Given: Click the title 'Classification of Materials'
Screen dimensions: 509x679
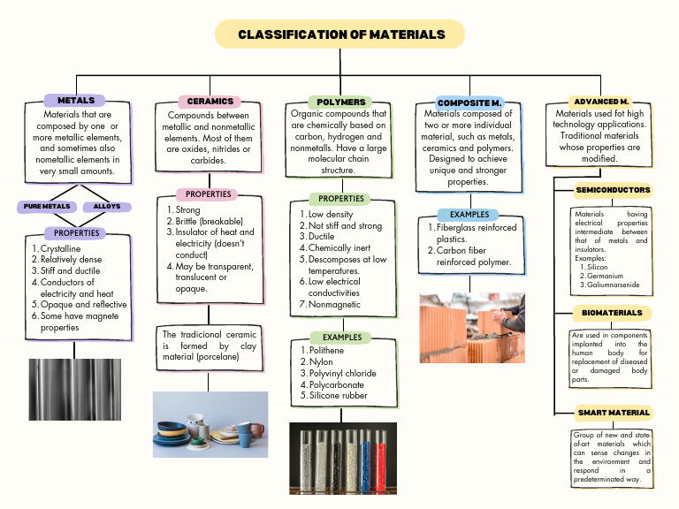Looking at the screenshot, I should [x=341, y=34].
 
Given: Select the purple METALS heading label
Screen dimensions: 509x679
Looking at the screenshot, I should [x=75, y=101].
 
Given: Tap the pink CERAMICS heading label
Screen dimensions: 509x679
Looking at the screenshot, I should [x=210, y=102].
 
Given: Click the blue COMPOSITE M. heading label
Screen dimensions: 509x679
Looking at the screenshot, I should [x=469, y=103].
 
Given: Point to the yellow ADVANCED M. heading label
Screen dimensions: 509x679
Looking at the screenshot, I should [x=600, y=102].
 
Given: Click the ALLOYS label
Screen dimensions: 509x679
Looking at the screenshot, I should [x=107, y=206].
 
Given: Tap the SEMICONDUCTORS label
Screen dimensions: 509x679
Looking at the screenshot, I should [x=613, y=190].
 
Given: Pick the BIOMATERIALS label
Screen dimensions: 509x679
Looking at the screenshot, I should [x=613, y=313].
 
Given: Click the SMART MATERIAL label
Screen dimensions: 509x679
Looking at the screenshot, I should [x=614, y=413].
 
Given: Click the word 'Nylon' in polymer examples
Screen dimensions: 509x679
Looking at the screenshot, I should [x=321, y=362].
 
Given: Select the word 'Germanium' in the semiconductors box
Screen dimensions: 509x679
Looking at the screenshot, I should [x=605, y=276].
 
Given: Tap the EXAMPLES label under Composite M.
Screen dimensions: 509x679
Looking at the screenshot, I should [x=469, y=215].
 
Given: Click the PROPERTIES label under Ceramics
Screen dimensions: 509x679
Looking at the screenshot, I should [x=209, y=194].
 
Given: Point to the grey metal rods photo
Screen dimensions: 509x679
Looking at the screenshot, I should [x=75, y=390].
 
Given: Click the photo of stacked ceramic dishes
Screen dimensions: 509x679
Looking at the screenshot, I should [x=210, y=424].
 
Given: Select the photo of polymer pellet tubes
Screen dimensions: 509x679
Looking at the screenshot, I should [x=343, y=457].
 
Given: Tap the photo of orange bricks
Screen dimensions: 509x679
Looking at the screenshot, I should [x=471, y=328].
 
